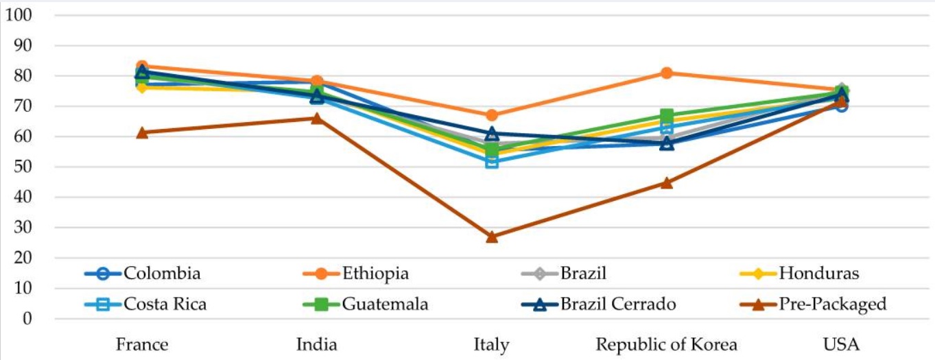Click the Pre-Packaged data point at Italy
coord(492,237)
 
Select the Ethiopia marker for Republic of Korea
coord(667,73)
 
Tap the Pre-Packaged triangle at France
coord(142,132)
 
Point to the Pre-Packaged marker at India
coord(317,118)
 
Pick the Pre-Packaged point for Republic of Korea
coord(667,183)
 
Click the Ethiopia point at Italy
coord(492,115)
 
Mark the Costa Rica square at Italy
coord(492,162)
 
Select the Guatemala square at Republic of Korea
coord(667,116)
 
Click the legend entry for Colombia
coord(162,274)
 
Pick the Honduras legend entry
coord(819,274)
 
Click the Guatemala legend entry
coord(386,304)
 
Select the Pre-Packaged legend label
coord(833,304)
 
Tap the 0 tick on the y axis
coord(27,319)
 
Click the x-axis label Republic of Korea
coord(666,344)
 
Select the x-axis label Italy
coord(491,344)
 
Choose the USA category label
coord(842,344)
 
